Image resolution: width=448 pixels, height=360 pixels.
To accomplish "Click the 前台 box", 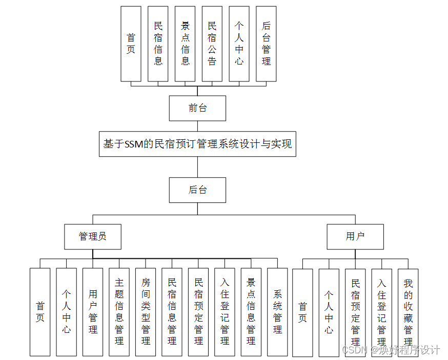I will [197, 108].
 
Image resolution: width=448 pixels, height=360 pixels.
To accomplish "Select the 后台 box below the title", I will [197, 190].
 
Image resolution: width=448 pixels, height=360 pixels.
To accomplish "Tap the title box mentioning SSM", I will [197, 144].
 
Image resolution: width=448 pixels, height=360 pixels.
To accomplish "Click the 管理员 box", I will [93, 237].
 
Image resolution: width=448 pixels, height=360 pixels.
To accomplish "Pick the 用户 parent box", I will [355, 237].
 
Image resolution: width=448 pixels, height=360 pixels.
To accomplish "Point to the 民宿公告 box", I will [212, 44].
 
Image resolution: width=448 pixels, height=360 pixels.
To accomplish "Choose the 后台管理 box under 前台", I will [266, 44].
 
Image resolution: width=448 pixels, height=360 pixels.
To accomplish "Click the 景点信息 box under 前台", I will [185, 44].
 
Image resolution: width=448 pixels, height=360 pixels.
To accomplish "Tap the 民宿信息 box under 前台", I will [158, 44].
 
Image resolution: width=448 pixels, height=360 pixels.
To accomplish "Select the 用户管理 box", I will [93, 312].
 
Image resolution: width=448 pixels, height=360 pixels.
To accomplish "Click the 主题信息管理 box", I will [119, 312].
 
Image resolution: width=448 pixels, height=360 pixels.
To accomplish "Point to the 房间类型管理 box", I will [146, 312].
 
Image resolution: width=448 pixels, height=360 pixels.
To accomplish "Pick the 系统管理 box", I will [277, 312].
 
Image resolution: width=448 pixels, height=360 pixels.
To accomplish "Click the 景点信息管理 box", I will [251, 312].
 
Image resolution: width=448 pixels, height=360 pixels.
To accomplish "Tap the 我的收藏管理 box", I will [408, 312].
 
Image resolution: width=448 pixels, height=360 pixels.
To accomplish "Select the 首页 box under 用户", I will [302, 312].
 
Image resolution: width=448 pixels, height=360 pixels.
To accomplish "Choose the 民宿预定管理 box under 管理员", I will [198, 312].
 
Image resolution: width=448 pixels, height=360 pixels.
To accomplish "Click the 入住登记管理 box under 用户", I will [381, 312].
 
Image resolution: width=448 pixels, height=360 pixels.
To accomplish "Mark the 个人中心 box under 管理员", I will [67, 312].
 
